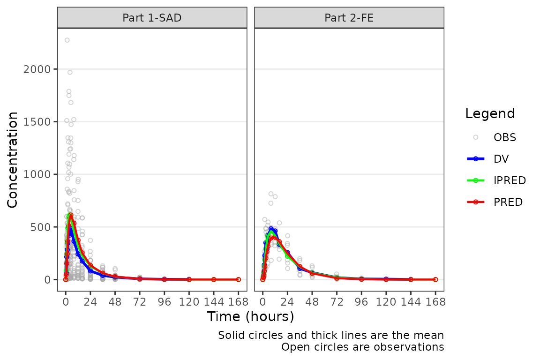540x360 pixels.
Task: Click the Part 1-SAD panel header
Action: [152, 18]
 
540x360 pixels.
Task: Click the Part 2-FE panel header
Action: [349, 18]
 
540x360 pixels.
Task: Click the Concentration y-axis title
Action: [13, 159]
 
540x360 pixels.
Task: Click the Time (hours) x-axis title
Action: [250, 316]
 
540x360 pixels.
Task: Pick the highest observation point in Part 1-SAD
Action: [67, 40]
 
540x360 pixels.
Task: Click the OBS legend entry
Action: [504, 137]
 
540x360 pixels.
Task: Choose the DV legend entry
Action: [501, 159]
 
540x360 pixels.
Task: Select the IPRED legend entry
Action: [509, 180]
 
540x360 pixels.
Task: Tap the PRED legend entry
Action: [508, 202]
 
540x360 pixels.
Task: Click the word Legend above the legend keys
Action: [490, 114]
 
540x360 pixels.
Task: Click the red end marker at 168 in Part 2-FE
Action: [435, 279]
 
